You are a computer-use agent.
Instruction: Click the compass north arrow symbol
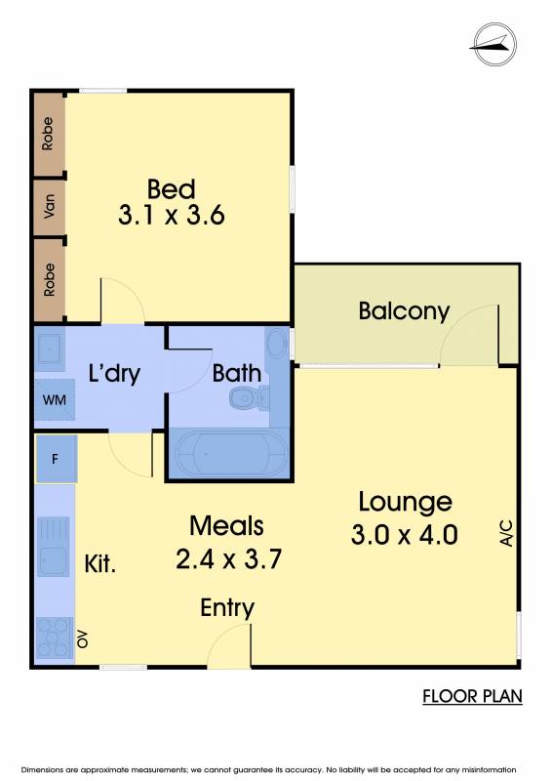point(494,44)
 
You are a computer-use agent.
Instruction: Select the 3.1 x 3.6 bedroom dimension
point(172,215)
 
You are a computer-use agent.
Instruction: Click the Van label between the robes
point(49,206)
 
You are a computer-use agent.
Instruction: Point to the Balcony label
point(404,311)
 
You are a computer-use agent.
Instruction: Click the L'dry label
point(114,373)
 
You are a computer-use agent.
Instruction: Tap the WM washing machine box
point(55,399)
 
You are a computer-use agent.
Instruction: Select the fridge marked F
point(56,458)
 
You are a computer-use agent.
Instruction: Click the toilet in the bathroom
point(249,397)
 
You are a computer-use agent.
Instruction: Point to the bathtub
point(229,454)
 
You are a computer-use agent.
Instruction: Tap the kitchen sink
point(54,547)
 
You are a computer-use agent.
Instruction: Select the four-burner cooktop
point(54,638)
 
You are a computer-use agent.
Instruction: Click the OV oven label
point(83,638)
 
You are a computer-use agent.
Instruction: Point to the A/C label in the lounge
point(506,533)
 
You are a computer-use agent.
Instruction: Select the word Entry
point(227,608)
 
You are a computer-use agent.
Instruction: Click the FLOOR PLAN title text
point(472,696)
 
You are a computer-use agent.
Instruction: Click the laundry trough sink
point(50,349)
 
